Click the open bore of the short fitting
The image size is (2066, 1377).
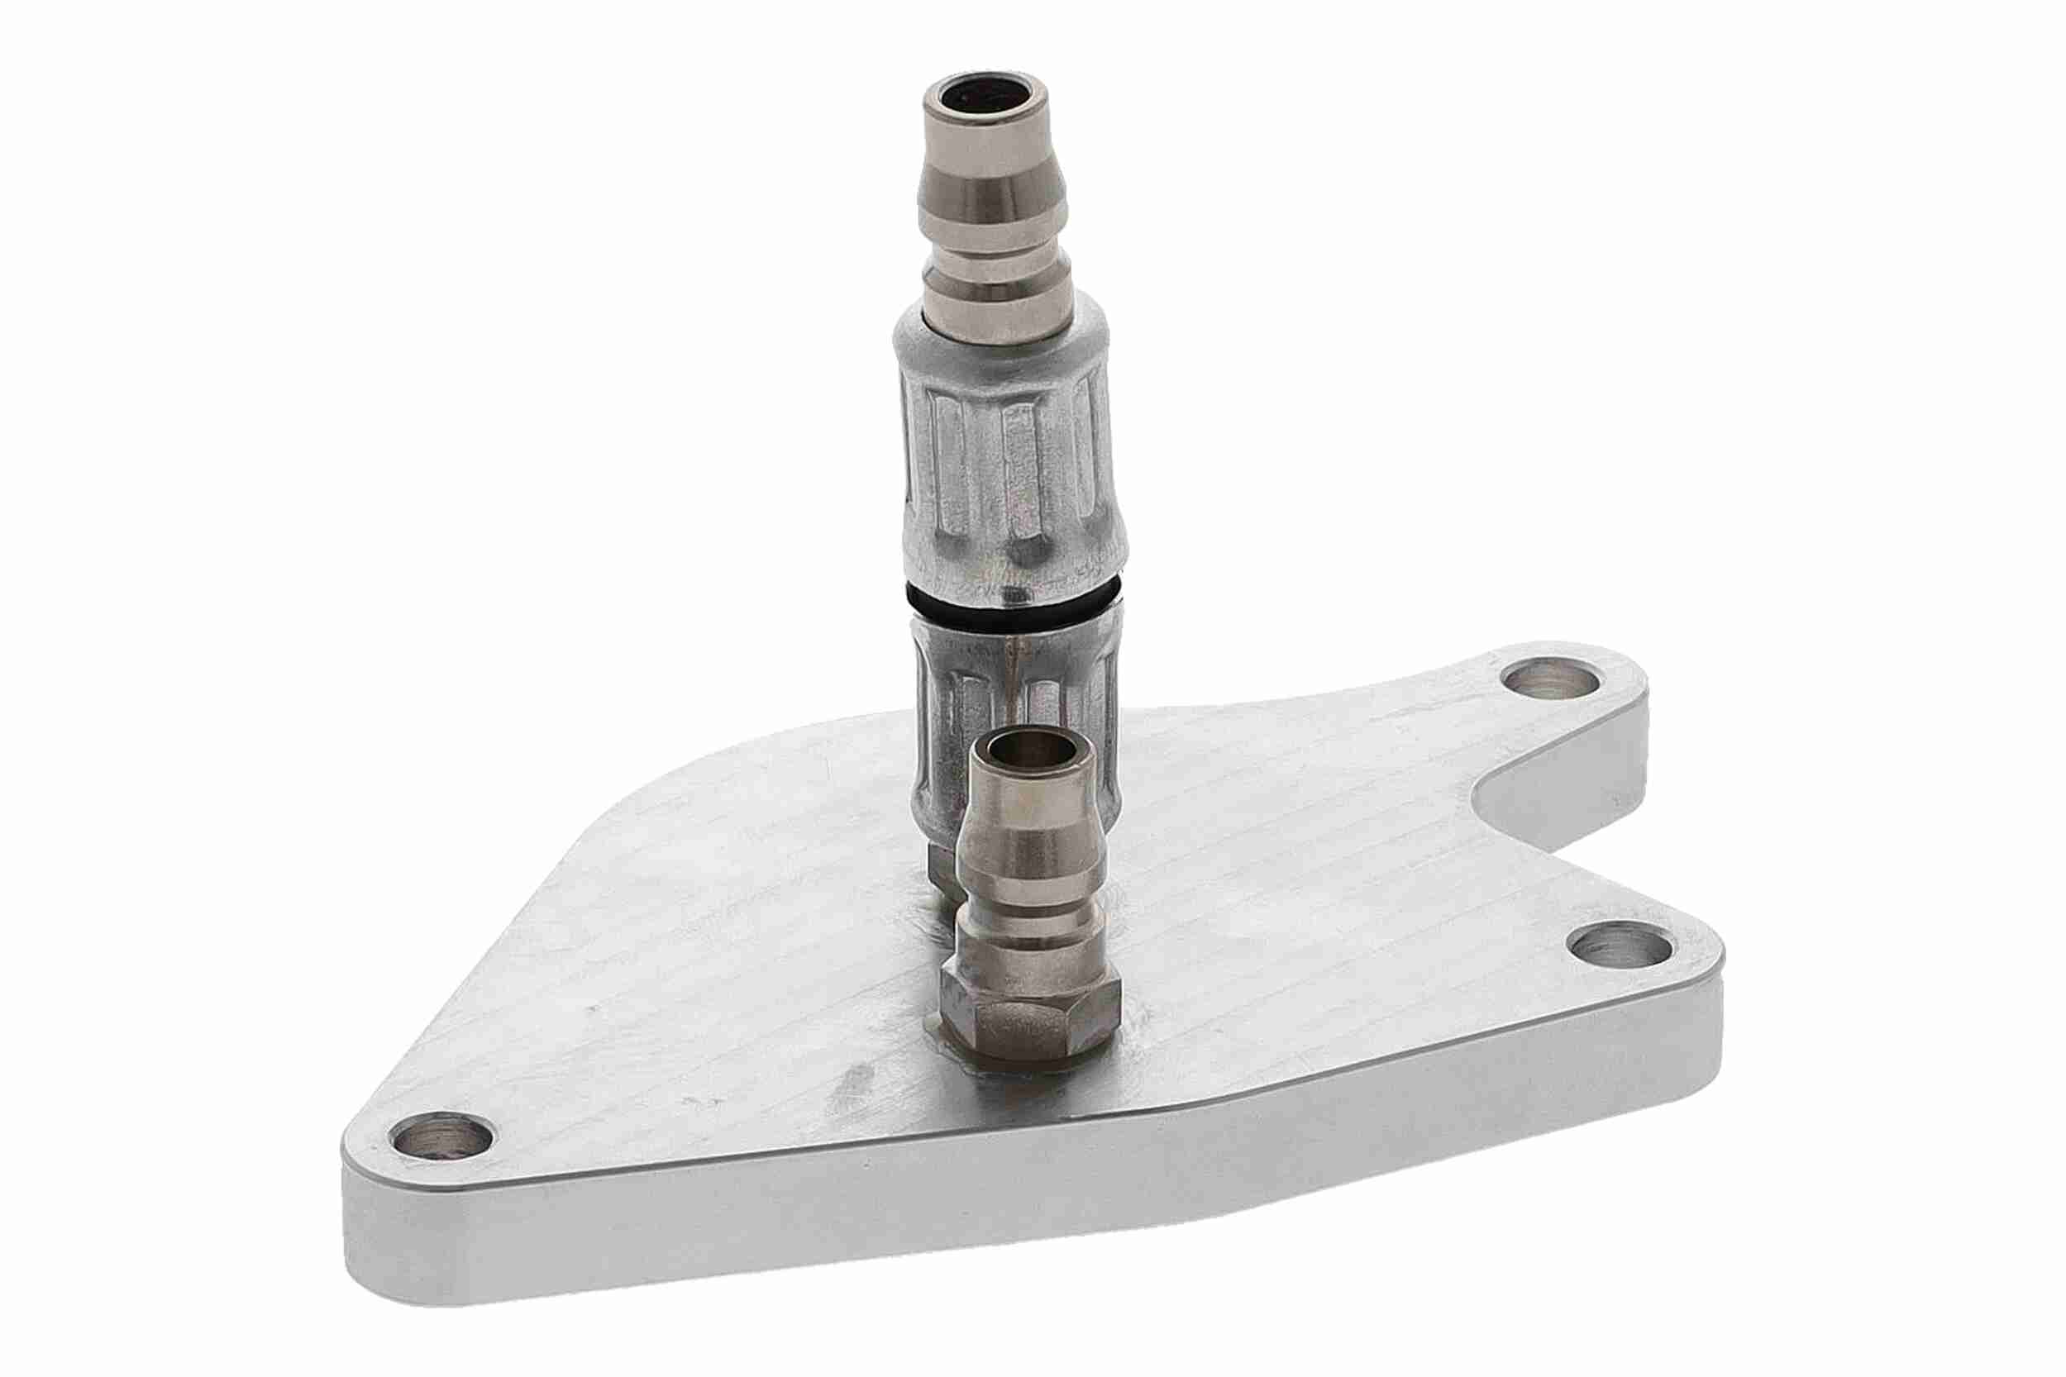[x=1031, y=750]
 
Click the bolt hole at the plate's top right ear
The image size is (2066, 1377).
[x=1548, y=679]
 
